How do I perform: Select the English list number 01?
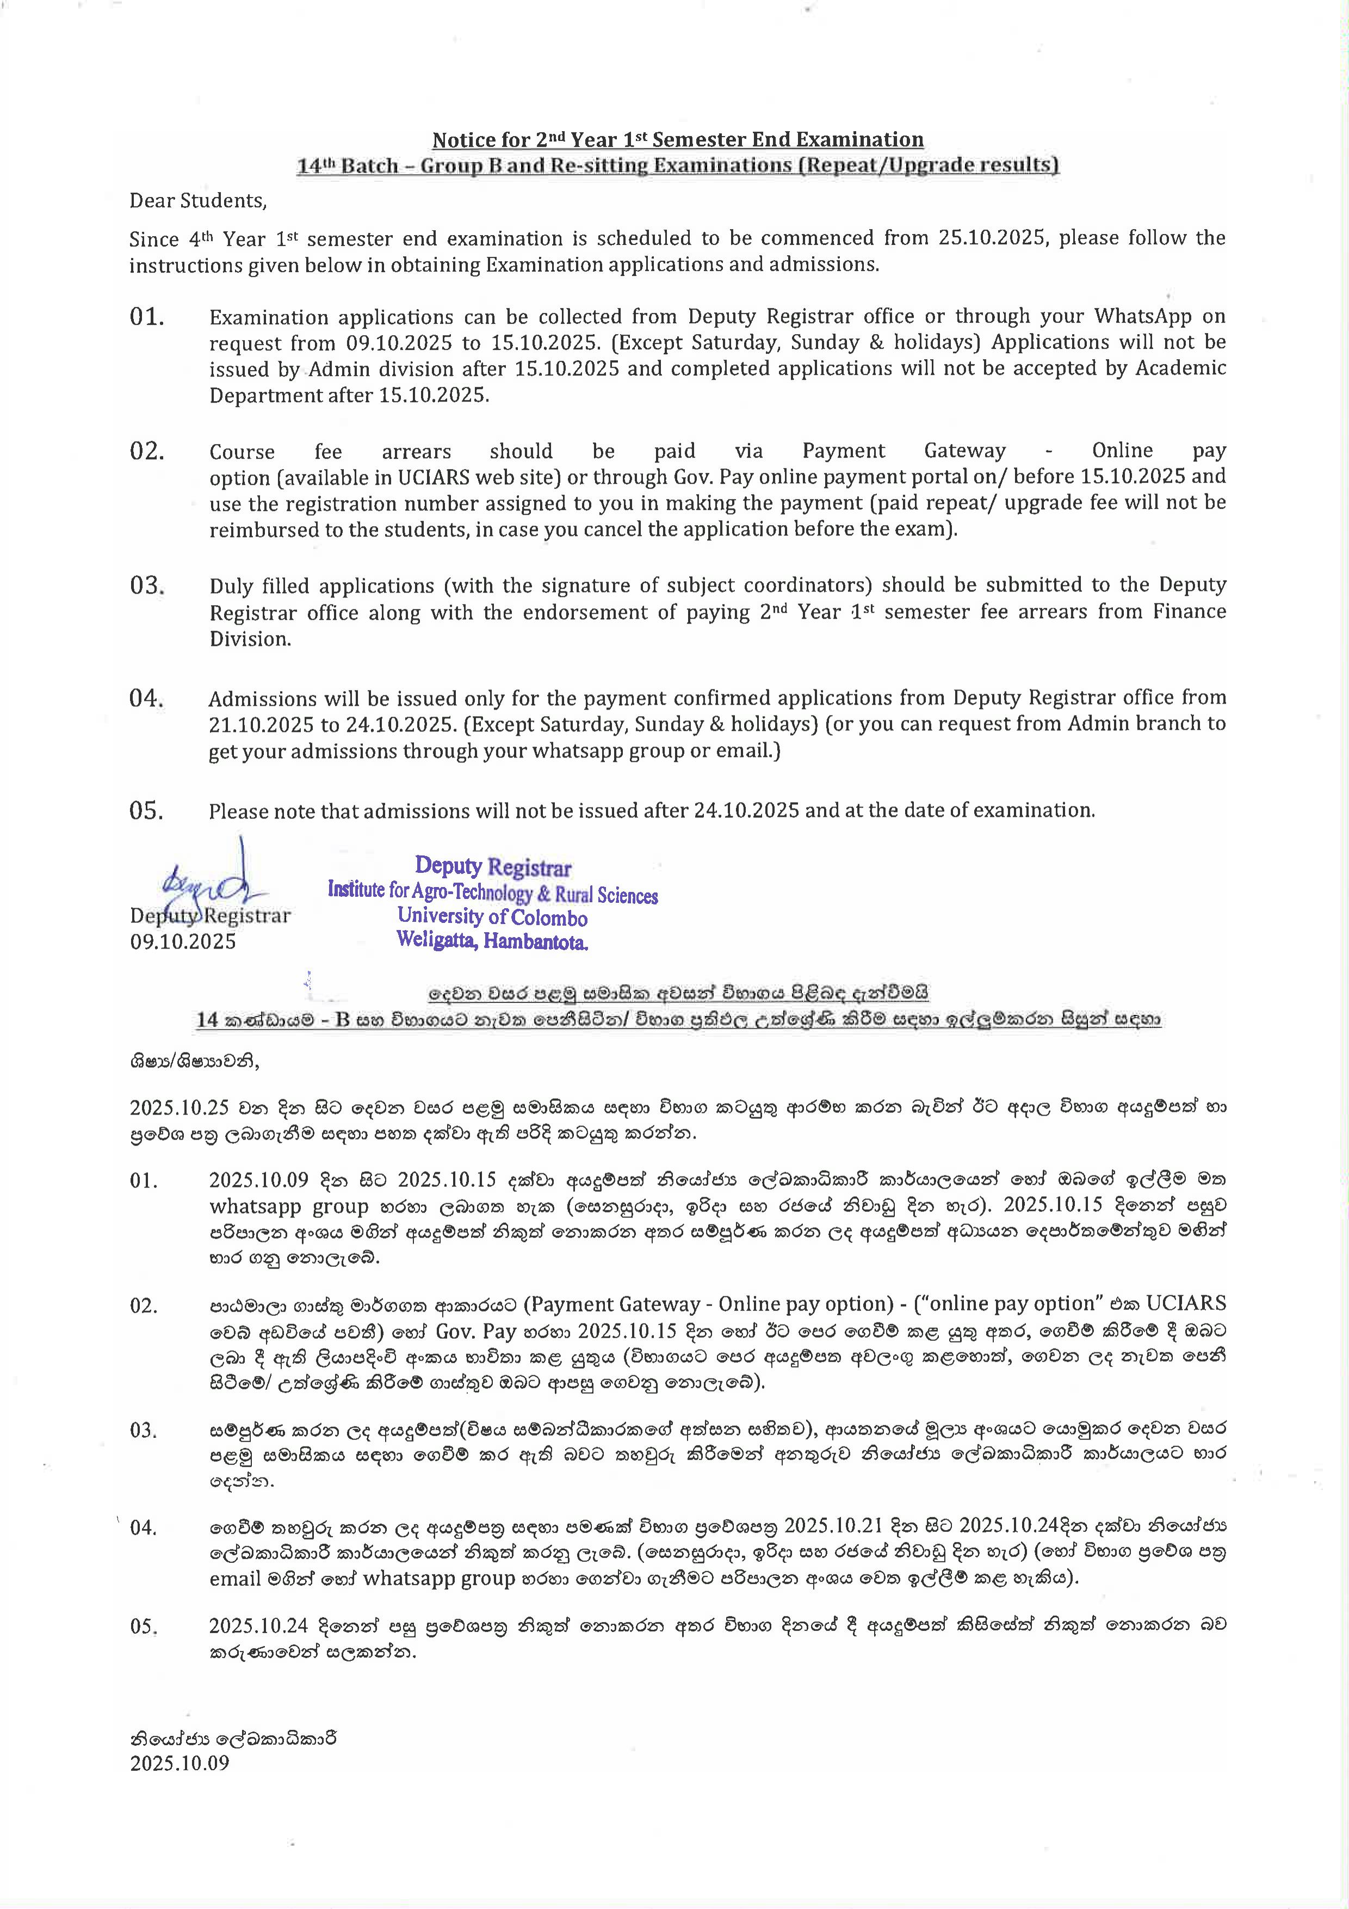click(147, 317)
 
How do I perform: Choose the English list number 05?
click(146, 811)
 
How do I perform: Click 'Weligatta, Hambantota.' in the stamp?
click(492, 941)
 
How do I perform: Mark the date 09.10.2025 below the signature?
click(183, 942)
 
